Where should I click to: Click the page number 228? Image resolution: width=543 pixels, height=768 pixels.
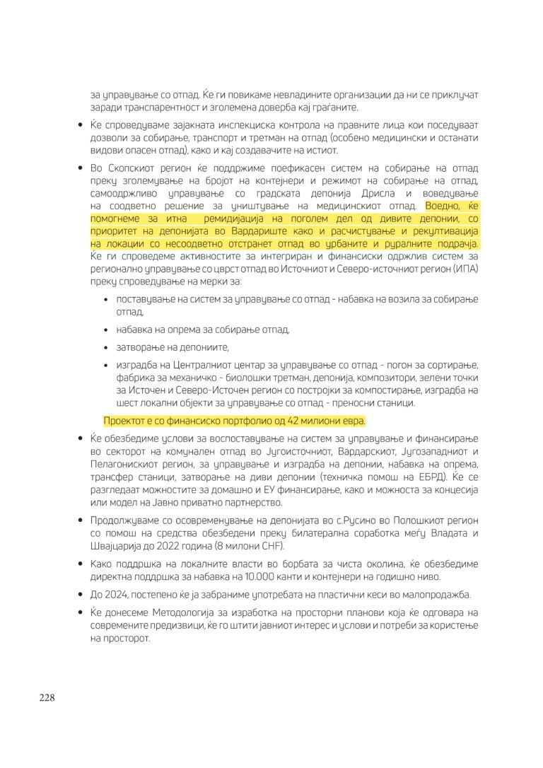[47, 698]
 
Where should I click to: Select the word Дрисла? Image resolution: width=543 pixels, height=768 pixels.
[381, 193]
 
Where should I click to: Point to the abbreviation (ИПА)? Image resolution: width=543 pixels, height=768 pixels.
[463, 268]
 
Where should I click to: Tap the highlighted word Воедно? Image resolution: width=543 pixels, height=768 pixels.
[443, 206]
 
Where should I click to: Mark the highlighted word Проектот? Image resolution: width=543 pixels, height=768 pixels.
[127, 421]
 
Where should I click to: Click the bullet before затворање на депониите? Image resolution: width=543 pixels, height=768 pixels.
[106, 347]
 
